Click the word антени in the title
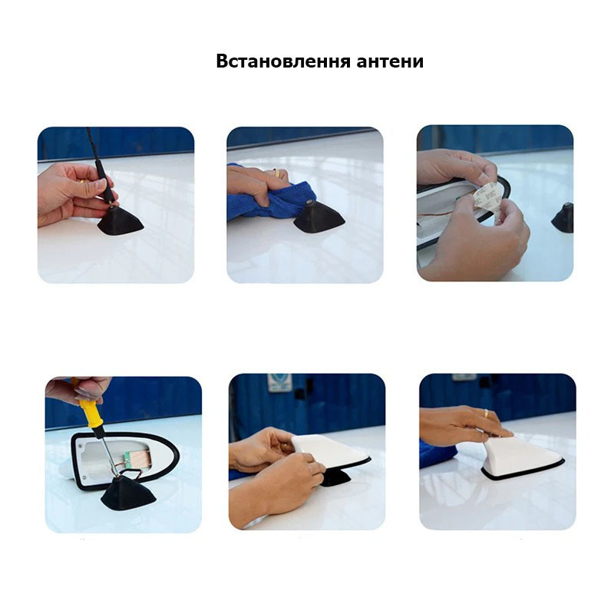[390, 62]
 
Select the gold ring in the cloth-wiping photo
[276, 173]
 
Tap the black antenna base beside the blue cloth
[319, 217]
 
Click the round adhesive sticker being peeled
[488, 200]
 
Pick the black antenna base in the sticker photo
[563, 218]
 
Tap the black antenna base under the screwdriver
[128, 493]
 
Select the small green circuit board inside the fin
[127, 457]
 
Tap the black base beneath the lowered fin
[335, 477]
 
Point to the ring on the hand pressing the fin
[486, 413]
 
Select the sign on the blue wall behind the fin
[280, 382]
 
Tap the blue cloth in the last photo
[437, 454]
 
